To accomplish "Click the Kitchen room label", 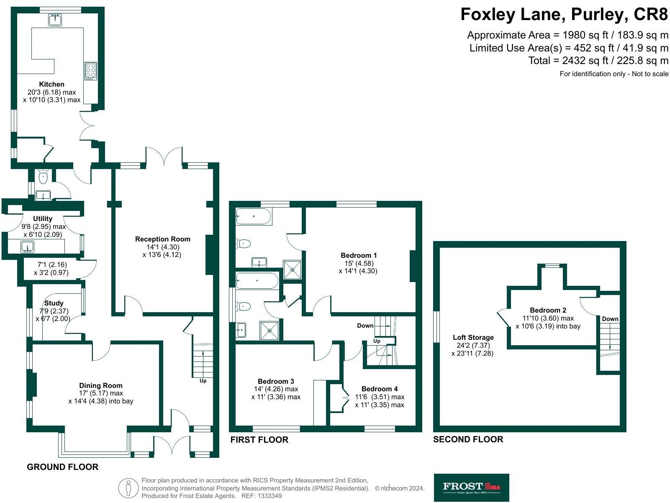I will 51,84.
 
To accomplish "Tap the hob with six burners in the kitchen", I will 91,71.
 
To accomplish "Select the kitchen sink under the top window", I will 55,19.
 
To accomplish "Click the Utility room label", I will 43,218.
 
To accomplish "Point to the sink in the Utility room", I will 28,247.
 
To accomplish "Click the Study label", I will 54,303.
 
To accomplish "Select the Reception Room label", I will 162,239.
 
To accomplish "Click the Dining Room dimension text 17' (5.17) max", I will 101,393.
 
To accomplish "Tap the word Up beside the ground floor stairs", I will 203,381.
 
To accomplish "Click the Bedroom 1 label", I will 359,255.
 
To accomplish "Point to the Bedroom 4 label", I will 380,389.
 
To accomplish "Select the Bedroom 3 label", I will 276,381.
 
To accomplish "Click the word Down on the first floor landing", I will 365,326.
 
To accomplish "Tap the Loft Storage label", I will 473,337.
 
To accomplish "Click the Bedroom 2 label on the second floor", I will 548,310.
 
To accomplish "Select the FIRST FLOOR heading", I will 259,440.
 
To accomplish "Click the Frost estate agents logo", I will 471,487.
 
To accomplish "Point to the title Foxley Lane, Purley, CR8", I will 564,15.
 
